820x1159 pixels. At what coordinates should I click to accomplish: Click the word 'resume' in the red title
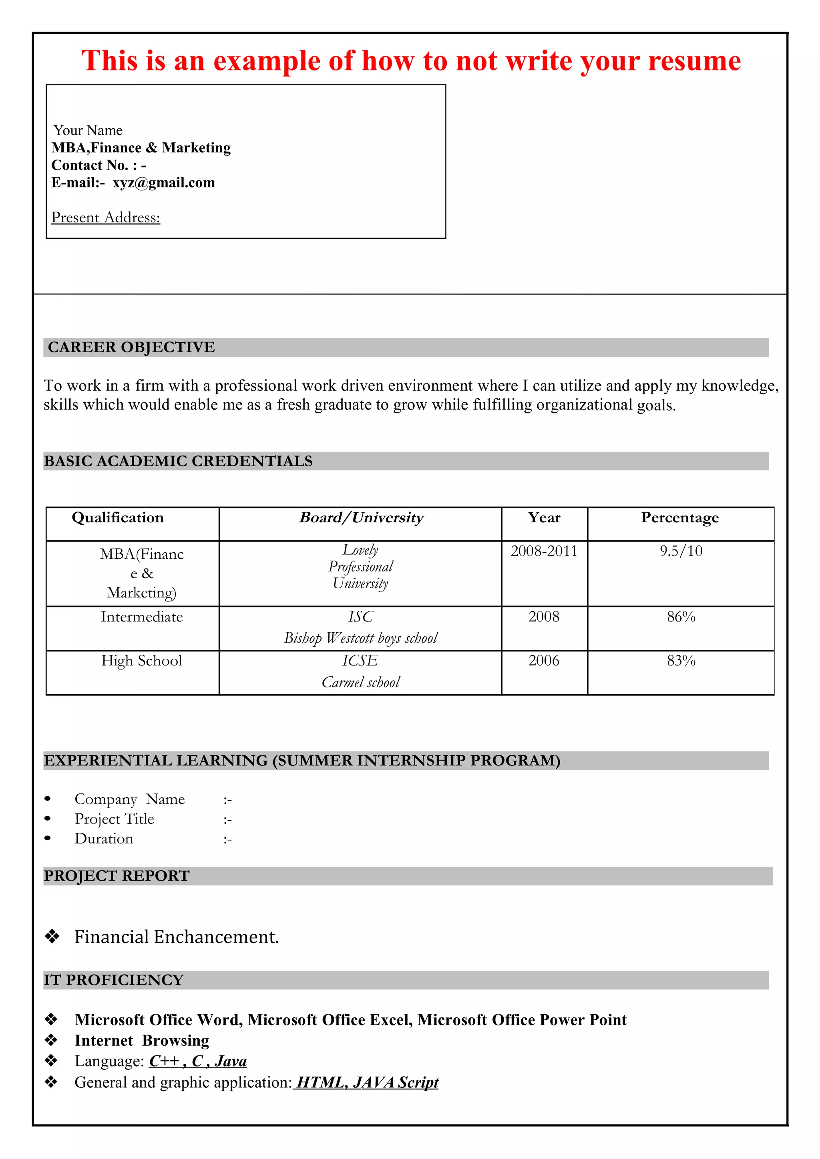tap(694, 61)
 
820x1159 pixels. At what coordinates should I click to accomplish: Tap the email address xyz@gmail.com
tap(164, 183)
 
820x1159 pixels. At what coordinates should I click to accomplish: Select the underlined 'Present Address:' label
tap(106, 218)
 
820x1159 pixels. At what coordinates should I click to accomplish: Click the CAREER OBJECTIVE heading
tap(131, 347)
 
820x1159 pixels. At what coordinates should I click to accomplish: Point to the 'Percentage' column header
tap(679, 518)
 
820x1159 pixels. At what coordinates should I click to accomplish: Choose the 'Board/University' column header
tap(361, 518)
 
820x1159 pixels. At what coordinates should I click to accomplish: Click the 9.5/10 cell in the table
tap(681, 551)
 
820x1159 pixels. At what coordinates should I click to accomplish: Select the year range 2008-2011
tap(544, 551)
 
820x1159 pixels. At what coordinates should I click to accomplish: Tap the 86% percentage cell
tap(681, 617)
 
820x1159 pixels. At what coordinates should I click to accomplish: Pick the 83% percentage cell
tap(681, 661)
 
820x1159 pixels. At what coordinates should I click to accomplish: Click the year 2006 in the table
tap(544, 661)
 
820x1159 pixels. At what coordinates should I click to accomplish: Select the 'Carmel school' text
tap(361, 682)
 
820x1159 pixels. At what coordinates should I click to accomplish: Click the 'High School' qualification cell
tap(141, 661)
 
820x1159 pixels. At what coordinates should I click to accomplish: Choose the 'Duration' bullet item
tap(104, 839)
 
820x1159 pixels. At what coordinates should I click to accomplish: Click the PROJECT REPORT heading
tap(117, 876)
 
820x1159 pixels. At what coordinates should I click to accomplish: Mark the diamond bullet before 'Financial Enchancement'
tap(52, 937)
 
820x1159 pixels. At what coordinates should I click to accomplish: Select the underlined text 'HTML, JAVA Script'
tap(367, 1082)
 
